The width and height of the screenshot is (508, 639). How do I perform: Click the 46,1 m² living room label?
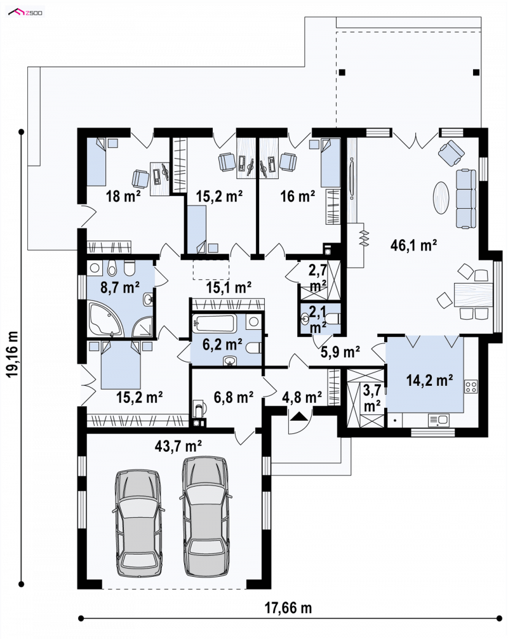(413, 245)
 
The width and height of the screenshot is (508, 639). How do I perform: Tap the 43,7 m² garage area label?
(178, 446)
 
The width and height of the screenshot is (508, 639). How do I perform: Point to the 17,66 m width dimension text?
(288, 608)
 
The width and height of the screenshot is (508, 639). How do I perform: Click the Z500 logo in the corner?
(25, 13)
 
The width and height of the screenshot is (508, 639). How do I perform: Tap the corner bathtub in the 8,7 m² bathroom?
(105, 319)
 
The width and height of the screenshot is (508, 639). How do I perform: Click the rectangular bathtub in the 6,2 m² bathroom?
(215, 323)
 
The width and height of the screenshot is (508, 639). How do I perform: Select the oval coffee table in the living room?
(441, 197)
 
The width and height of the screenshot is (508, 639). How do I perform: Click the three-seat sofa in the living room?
(465, 199)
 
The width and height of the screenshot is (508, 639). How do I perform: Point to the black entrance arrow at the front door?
(298, 416)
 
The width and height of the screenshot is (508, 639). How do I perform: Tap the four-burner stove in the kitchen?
(471, 386)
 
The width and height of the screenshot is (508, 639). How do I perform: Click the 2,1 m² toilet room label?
(317, 319)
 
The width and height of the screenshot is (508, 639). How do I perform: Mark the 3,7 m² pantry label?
(372, 397)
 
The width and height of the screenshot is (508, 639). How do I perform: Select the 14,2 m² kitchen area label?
(429, 380)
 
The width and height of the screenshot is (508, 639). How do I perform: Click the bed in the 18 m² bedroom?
(97, 162)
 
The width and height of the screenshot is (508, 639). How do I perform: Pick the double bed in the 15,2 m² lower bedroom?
(121, 365)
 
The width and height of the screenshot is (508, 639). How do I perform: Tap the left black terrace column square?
(342, 72)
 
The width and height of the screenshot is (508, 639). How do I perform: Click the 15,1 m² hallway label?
(229, 287)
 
